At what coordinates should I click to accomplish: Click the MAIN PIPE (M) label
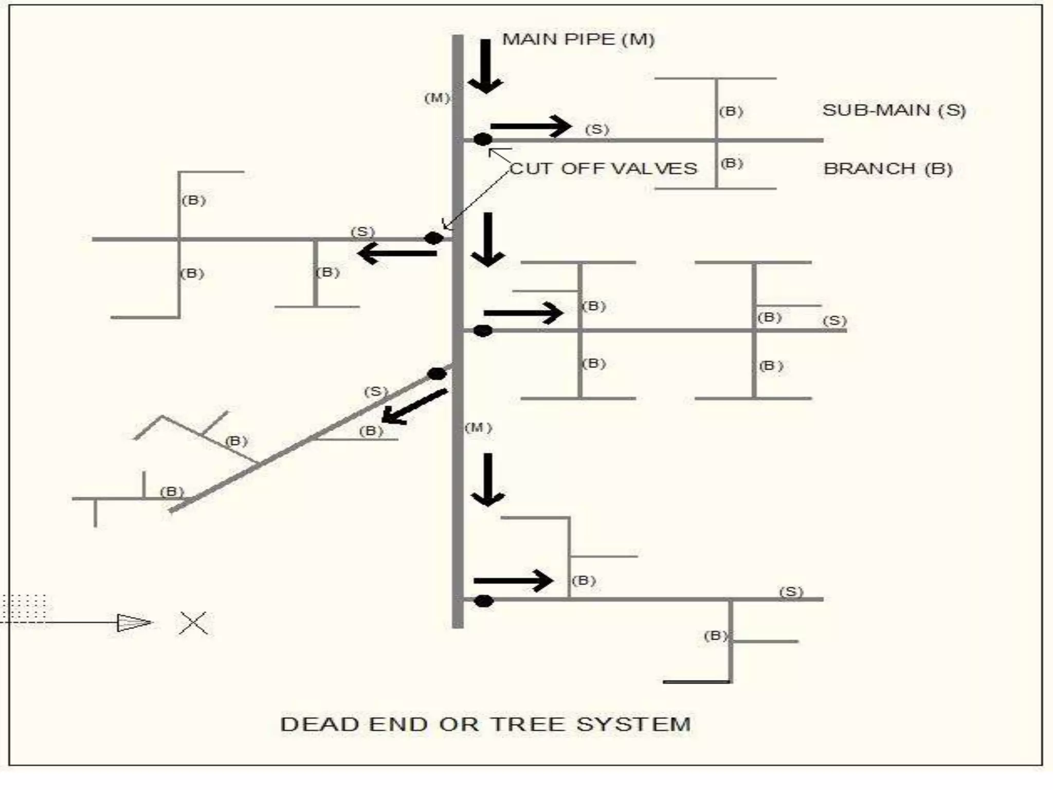(578, 40)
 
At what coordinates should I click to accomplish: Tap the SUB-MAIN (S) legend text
(894, 110)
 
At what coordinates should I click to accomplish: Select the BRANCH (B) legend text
(888, 169)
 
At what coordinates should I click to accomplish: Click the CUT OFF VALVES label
(604, 169)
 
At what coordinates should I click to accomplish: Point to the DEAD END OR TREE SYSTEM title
(485, 724)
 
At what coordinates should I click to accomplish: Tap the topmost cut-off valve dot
(482, 139)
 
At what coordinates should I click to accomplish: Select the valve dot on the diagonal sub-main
(437, 374)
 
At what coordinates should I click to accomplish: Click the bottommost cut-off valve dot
(483, 601)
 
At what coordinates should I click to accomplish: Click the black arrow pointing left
(396, 253)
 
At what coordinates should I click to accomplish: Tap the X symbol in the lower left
(193, 623)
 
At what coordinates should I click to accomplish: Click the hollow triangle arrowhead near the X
(133, 623)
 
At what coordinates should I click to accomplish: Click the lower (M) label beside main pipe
(478, 427)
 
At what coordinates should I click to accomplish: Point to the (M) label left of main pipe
(437, 98)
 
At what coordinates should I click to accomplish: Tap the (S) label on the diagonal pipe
(375, 391)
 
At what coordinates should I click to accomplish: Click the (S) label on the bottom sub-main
(791, 591)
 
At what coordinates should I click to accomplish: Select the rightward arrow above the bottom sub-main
(513, 581)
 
